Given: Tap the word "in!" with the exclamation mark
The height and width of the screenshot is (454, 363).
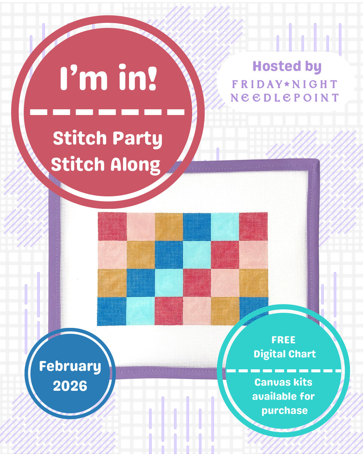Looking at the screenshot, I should point(138,78).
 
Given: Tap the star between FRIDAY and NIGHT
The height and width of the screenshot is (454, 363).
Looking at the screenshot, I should point(287,84).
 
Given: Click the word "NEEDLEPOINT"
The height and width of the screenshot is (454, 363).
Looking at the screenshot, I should point(284,98).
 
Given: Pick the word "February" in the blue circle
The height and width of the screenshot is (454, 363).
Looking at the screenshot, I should point(70,366).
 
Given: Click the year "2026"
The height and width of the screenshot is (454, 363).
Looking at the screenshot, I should point(70,386).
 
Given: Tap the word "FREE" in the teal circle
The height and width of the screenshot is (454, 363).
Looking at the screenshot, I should point(283,340).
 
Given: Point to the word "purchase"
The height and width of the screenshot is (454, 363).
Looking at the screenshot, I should point(284,411).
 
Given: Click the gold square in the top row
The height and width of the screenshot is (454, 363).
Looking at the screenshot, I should point(169,226).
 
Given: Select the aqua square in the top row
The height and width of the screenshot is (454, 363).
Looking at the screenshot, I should point(225,226).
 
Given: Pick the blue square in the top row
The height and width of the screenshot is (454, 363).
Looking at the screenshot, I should point(197,226).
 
